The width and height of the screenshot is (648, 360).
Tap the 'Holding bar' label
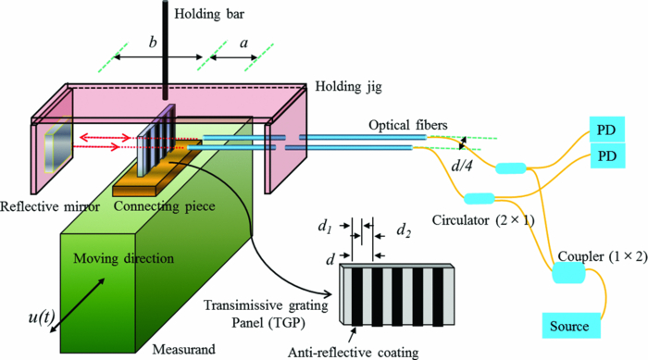click(216, 14)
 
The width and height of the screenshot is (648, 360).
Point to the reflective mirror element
click(53, 147)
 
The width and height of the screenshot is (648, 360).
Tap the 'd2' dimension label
click(405, 228)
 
